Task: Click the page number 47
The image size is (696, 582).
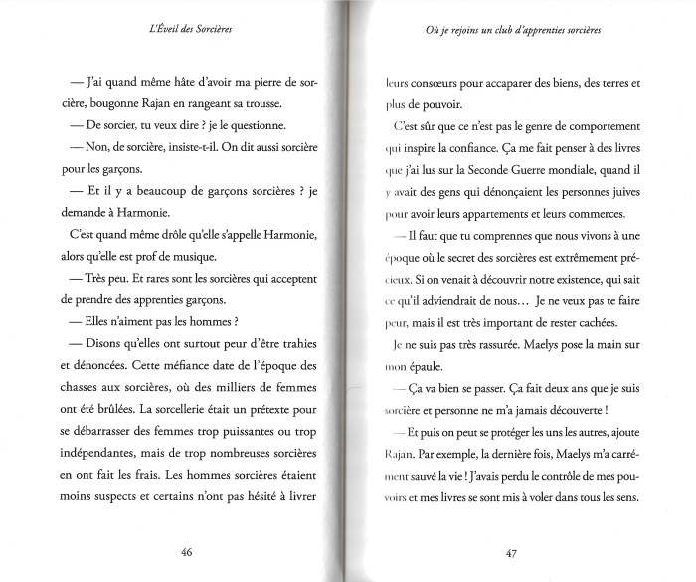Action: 511,552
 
